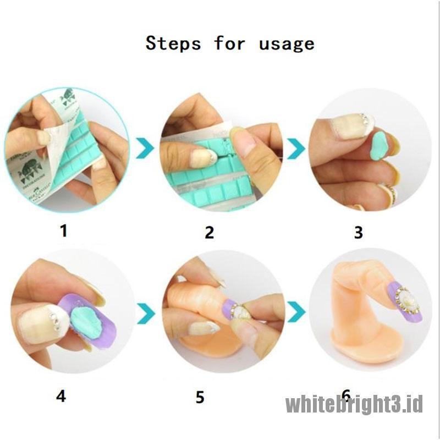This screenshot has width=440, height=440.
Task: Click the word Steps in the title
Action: (x=173, y=43)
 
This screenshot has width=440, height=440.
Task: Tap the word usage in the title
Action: (x=287, y=45)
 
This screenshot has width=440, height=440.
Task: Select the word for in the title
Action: (x=229, y=43)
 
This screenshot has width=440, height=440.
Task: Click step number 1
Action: (x=64, y=231)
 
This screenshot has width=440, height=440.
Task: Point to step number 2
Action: (x=210, y=232)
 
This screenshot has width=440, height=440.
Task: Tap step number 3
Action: (x=359, y=232)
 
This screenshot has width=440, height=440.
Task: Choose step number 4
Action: (x=61, y=397)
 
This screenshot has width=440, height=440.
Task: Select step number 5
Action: (x=200, y=397)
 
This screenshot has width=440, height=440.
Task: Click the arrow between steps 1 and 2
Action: (x=145, y=148)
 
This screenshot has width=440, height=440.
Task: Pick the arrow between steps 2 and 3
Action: (x=296, y=148)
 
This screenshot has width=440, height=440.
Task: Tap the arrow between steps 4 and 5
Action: (x=146, y=313)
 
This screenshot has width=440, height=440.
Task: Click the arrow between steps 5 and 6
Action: (x=296, y=312)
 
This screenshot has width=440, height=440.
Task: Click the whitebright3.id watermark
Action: (x=354, y=404)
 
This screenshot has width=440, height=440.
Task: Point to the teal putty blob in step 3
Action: (x=379, y=146)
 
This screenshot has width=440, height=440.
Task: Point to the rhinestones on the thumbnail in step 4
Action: (x=54, y=321)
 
